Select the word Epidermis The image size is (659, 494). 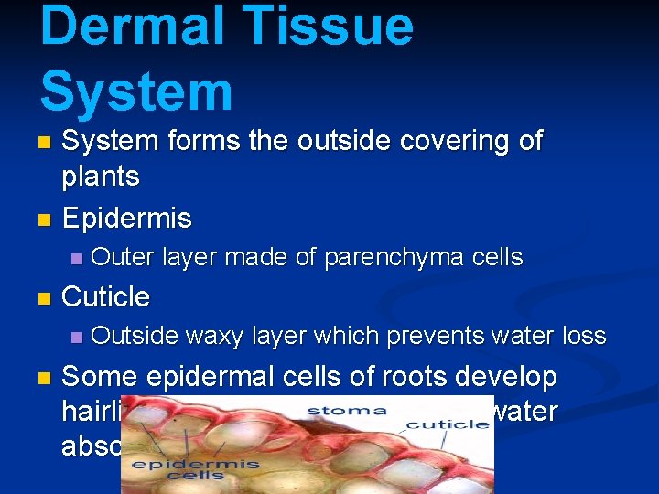126,219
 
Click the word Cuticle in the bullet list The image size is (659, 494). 105,296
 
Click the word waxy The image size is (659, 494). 213,336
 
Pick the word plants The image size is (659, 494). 101,176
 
